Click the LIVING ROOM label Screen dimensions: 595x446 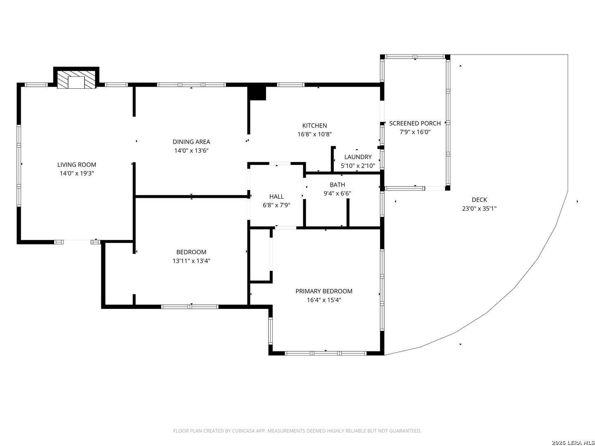point(77,165)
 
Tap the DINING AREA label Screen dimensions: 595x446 point(191,142)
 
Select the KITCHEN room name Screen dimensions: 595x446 point(314,126)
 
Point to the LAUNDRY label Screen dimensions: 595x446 point(358,157)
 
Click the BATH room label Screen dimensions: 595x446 point(337,185)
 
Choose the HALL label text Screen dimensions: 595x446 point(276,197)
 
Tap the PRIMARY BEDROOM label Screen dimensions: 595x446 point(324,291)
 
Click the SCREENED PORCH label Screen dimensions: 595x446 point(415,123)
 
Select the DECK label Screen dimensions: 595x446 point(479,200)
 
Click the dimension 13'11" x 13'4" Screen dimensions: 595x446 point(191,261)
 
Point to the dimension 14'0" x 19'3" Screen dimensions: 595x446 point(77,173)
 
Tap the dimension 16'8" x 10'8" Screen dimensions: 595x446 point(314,134)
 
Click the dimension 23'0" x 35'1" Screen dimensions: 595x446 point(479,209)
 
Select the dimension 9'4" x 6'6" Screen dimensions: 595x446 point(337,193)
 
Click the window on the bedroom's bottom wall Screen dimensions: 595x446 point(190,306)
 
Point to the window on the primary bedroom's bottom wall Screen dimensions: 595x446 point(326,353)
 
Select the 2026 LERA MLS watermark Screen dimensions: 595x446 point(573,443)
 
